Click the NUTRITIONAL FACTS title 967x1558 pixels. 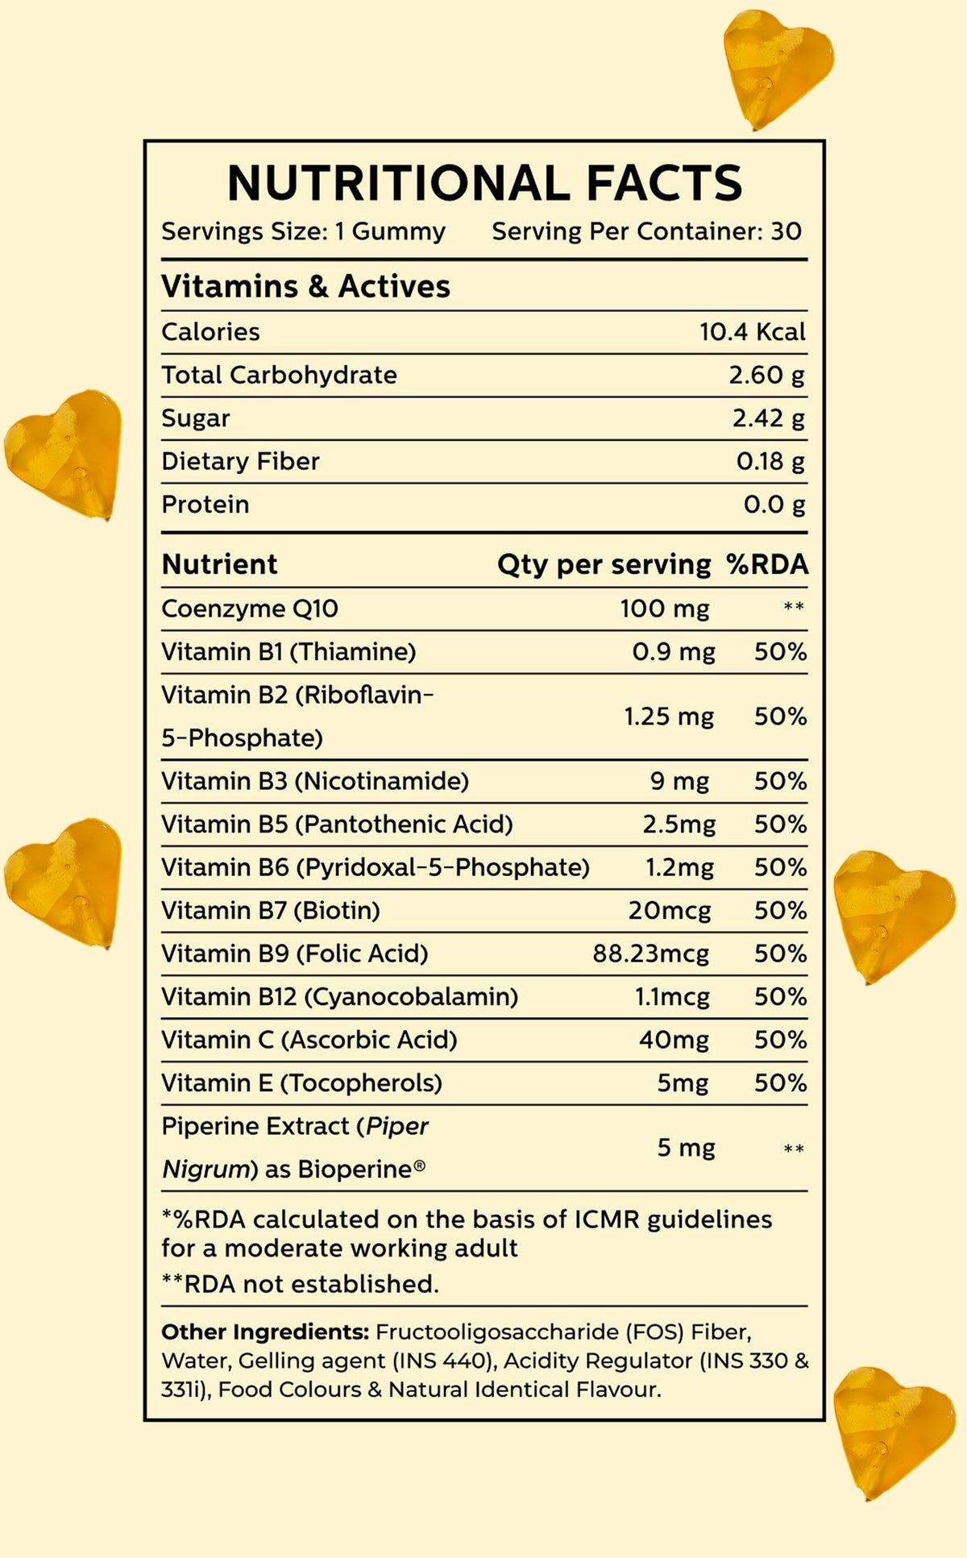pyautogui.click(x=484, y=183)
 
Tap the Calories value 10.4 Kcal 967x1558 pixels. pyautogui.click(x=752, y=332)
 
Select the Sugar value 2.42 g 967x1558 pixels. pyautogui.click(x=768, y=418)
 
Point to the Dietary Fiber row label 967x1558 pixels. pyautogui.click(x=240, y=461)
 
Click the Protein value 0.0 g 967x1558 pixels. pyautogui.click(x=774, y=505)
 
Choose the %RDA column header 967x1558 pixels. pyautogui.click(x=766, y=564)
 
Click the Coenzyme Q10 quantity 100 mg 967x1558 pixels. pyautogui.click(x=664, y=609)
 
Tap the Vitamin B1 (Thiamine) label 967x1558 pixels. pyautogui.click(x=288, y=651)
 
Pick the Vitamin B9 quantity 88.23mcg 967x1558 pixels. pyautogui.click(x=651, y=953)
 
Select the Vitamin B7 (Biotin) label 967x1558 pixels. pyautogui.click(x=271, y=911)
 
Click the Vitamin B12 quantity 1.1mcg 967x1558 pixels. pyautogui.click(x=672, y=997)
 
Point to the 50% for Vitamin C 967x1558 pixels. pyautogui.click(x=780, y=1040)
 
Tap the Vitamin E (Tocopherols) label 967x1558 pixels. pyautogui.click(x=301, y=1083)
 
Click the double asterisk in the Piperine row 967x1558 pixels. pyautogui.click(x=793, y=1149)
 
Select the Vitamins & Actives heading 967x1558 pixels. pyautogui.click(x=305, y=287)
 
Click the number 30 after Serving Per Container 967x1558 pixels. pyautogui.click(x=786, y=232)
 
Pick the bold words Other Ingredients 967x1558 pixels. pyautogui.click(x=265, y=1332)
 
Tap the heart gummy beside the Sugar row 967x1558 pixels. pyautogui.click(x=64, y=453)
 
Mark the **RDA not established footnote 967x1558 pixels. pyautogui.click(x=300, y=1284)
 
